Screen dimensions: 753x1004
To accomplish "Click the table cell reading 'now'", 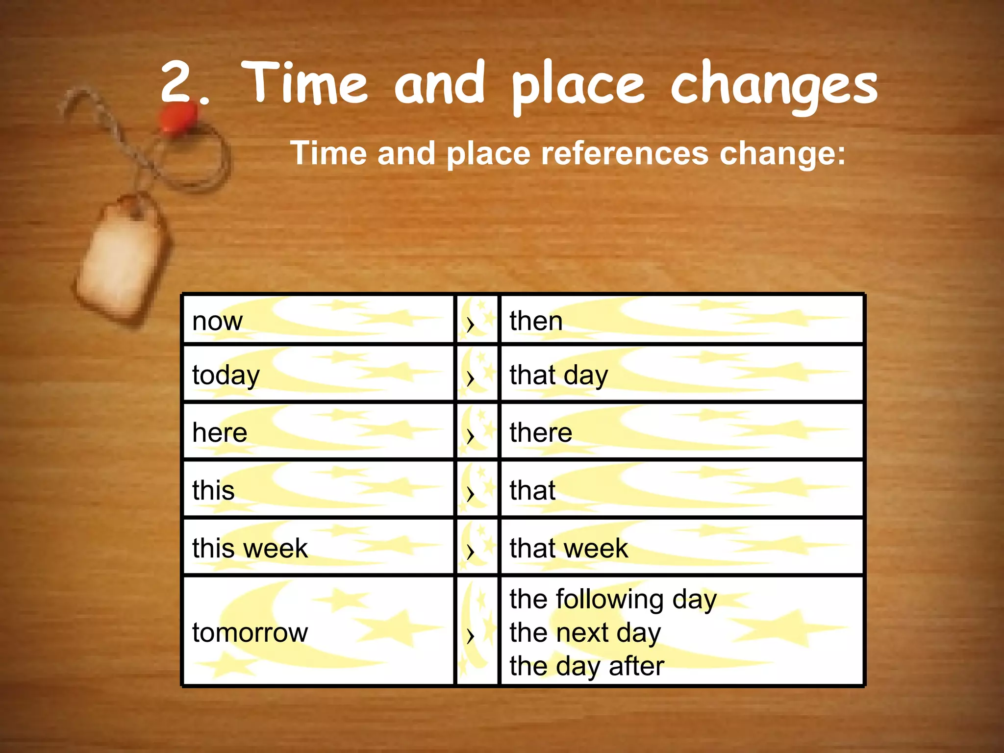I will [x=217, y=322].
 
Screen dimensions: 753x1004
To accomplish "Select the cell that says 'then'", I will [x=536, y=322].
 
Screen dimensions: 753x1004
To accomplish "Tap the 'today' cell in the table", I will [x=226, y=376].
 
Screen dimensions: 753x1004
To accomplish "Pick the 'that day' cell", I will [x=558, y=376].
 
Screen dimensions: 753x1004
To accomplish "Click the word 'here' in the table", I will [x=220, y=433].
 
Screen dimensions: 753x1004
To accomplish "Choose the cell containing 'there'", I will [x=541, y=433].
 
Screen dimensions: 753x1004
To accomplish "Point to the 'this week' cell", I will [x=250, y=548].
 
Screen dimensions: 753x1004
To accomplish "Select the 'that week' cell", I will [x=569, y=548].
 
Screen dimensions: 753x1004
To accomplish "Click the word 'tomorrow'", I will [x=250, y=632].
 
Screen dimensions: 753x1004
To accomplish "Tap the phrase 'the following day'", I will [x=613, y=600].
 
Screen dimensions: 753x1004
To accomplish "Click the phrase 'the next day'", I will [x=585, y=633].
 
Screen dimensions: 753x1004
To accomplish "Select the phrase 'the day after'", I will [x=586, y=666].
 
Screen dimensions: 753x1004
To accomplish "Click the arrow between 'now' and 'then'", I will [x=471, y=324].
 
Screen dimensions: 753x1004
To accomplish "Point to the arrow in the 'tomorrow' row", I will [x=471, y=636].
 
